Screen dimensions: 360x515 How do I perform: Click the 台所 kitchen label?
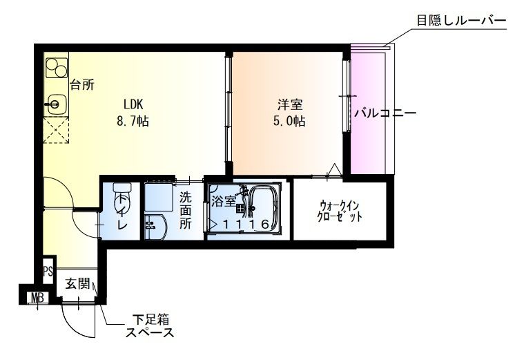[82, 86]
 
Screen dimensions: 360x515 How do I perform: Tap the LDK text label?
[133, 104]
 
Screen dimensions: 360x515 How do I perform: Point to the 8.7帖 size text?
[133, 121]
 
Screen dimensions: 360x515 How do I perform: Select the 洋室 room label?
[289, 105]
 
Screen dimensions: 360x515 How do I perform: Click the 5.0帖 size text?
[289, 122]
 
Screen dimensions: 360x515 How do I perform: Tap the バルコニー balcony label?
[385, 113]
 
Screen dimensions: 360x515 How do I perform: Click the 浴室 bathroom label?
[222, 202]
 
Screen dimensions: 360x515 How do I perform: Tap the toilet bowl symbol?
[121, 194]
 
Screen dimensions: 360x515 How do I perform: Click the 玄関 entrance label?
[77, 283]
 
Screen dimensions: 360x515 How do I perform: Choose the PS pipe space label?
[48, 270]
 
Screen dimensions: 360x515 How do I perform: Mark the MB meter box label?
[36, 299]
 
